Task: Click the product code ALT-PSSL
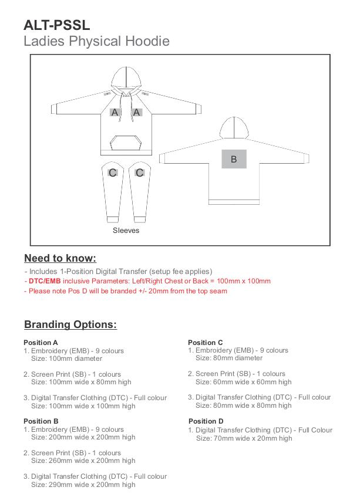tap(57, 25)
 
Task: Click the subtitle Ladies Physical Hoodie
tap(96, 41)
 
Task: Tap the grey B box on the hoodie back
tap(234, 159)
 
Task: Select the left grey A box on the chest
tap(115, 112)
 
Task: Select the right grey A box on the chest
tap(137, 112)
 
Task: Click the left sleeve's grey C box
tap(113, 172)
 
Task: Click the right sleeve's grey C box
tap(140, 172)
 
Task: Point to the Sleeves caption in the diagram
tap(126, 231)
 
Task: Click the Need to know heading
tap(60, 258)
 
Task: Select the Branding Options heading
tap(70, 324)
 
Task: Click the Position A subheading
tap(41, 343)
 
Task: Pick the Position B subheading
tap(41, 421)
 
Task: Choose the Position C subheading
tap(206, 343)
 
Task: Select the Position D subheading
tap(206, 421)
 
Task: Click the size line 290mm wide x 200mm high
tap(83, 485)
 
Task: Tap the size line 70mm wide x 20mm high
tap(244, 438)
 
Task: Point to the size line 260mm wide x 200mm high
tap(83, 461)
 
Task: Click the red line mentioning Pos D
tap(126, 291)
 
